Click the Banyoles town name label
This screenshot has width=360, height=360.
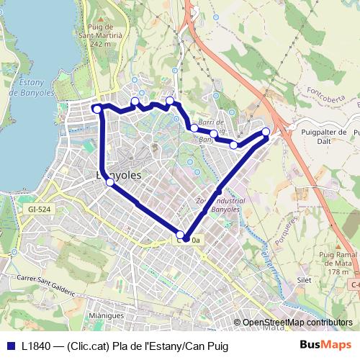[118, 175]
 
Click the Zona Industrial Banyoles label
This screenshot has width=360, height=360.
[220, 206]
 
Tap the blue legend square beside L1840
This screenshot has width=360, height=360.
[10, 346]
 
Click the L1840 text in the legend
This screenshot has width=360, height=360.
[37, 346]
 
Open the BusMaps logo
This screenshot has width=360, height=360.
[325, 345]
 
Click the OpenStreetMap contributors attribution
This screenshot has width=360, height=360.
[297, 323]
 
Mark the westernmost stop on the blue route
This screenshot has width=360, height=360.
[97, 109]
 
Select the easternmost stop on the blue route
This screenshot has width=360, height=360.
[266, 131]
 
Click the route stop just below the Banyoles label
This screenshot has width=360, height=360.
[110, 183]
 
